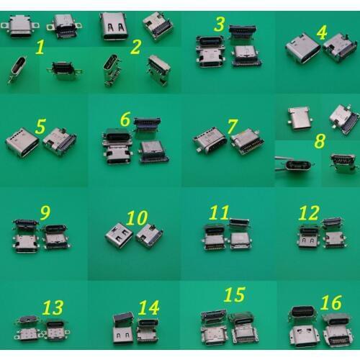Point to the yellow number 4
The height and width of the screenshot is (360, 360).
pos(322,32)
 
